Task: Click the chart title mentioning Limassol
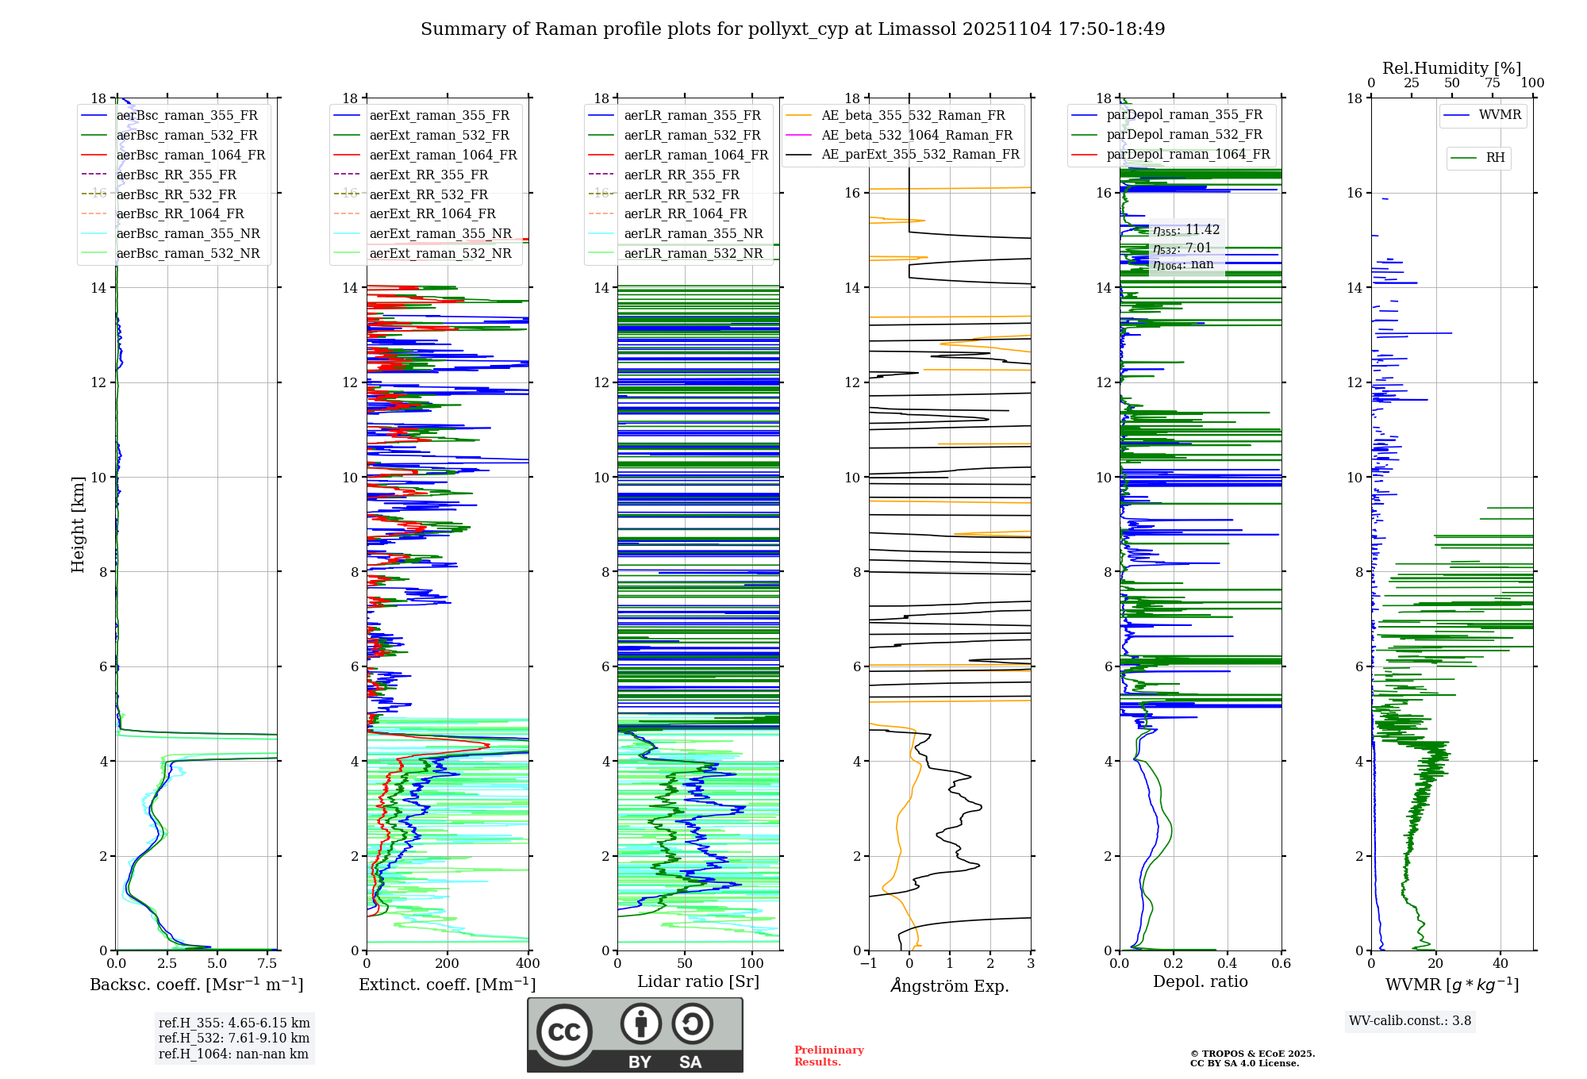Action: tap(793, 29)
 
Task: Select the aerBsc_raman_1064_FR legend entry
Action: tap(190, 156)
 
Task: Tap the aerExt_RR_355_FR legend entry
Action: tap(428, 175)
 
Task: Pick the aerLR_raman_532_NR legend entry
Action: tap(693, 254)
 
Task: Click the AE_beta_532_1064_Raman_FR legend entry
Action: tap(916, 136)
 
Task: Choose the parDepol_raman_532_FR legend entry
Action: tap(1184, 135)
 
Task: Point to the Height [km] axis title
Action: tap(78, 524)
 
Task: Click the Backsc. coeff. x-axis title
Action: tap(196, 985)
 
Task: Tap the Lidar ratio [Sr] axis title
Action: tap(697, 981)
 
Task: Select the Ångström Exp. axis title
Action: tap(950, 986)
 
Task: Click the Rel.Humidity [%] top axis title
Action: tap(1451, 68)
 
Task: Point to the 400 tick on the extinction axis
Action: tap(528, 964)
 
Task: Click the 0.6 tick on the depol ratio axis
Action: tap(1281, 964)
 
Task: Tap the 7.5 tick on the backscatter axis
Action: tap(267, 964)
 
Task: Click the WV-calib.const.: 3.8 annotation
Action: tap(1410, 1021)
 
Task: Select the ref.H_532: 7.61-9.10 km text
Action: tap(234, 1039)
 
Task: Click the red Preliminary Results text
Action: tap(828, 1056)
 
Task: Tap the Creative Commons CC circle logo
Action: tap(564, 1032)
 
